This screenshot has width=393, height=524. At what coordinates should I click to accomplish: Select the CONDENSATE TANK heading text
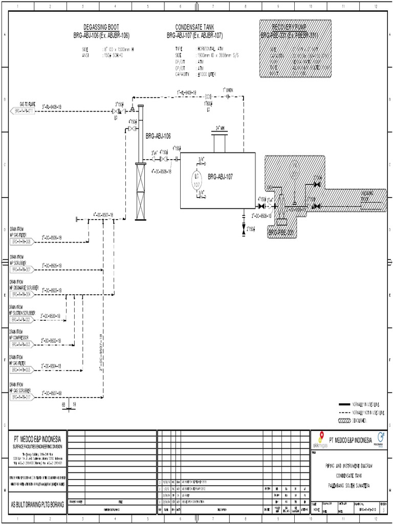pos(194,27)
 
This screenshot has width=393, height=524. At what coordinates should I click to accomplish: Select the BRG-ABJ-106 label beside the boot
pos(158,137)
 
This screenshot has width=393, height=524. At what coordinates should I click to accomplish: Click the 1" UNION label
pos(228,90)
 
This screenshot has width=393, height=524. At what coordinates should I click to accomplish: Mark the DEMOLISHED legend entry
pos(361,421)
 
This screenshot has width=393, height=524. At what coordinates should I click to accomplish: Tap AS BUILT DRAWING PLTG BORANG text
pos(38,505)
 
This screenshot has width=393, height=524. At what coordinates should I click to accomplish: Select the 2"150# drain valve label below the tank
pos(250,228)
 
